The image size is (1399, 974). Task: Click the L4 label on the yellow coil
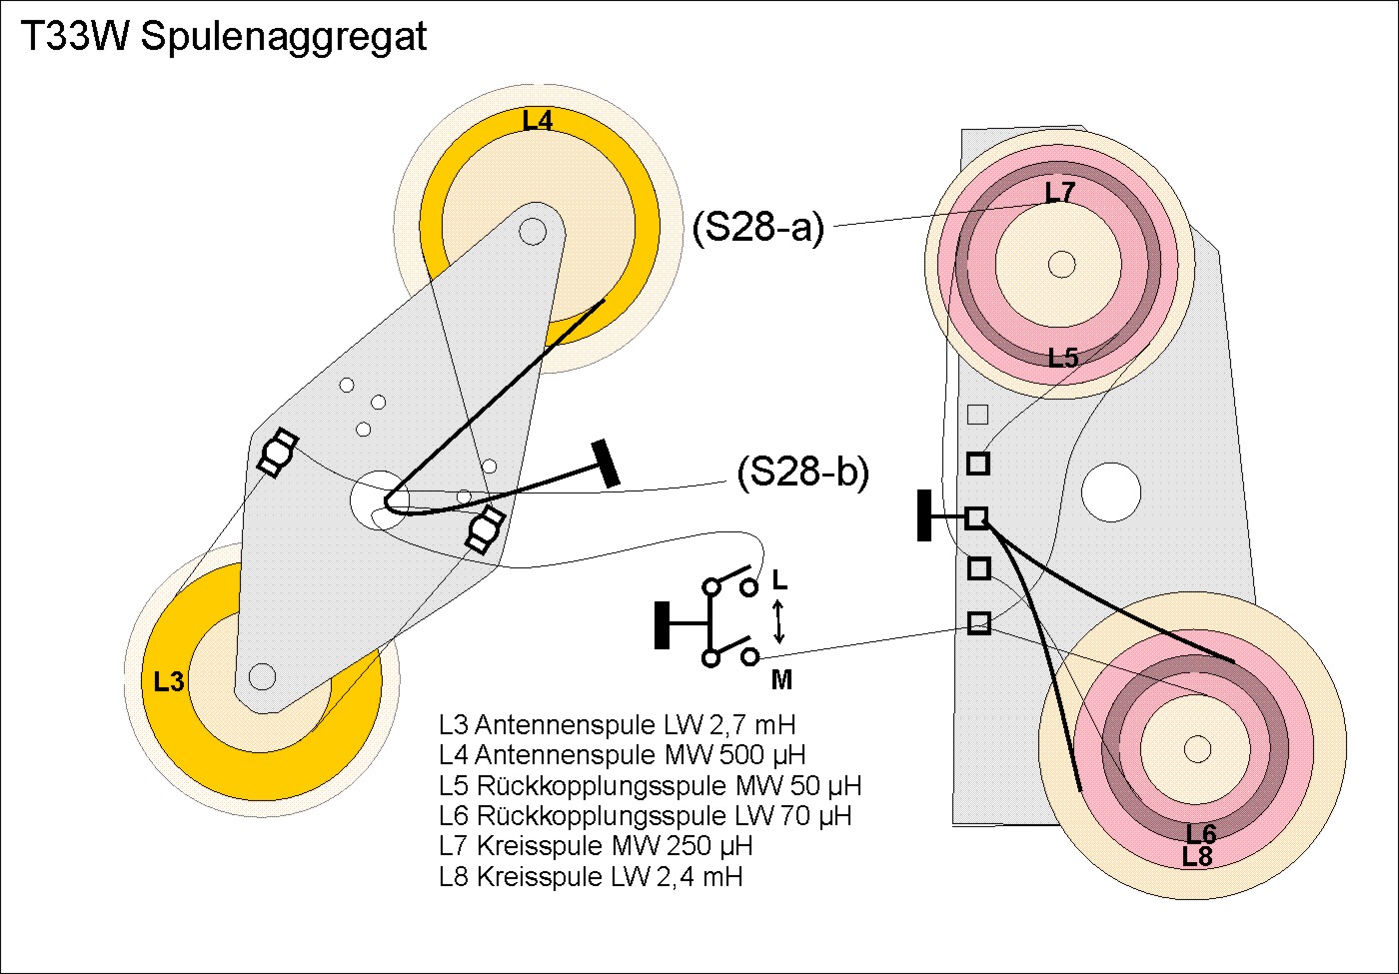pos(538,121)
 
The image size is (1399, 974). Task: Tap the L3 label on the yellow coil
pos(169,682)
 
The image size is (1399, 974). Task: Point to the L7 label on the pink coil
pos(1059,192)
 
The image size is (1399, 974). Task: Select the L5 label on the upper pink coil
pos(1063,358)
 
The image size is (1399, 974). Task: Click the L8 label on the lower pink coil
pos(1197,856)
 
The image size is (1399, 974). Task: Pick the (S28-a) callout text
pos(758,228)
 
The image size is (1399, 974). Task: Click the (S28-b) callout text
pos(803,473)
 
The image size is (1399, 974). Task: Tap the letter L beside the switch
pos(780,579)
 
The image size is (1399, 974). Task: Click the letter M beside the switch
pos(781,680)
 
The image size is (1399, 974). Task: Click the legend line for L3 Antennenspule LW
pos(617,724)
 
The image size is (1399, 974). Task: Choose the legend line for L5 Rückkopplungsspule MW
pos(650,785)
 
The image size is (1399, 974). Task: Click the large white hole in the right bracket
pos(1111,491)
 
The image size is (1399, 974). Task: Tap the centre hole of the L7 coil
pos(1061,265)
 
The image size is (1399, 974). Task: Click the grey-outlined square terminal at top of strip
pos(978,414)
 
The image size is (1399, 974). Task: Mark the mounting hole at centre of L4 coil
pos(533,232)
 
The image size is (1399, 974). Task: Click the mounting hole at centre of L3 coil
pos(262,676)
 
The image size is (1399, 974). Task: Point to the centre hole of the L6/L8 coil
pos(1196,747)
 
